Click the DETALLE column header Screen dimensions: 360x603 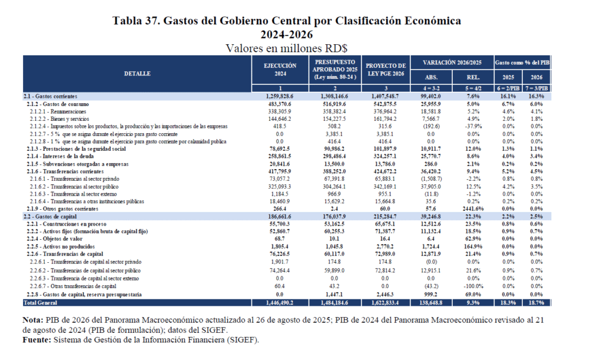(x=137, y=74)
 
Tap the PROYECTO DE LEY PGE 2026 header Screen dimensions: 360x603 (x=386, y=70)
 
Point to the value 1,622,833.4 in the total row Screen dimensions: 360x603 (x=386, y=303)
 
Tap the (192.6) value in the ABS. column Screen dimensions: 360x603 (x=431, y=125)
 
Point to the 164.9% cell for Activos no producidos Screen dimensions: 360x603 (x=473, y=246)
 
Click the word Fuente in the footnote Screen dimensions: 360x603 (x=35, y=340)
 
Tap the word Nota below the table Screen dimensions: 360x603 (x=33, y=321)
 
